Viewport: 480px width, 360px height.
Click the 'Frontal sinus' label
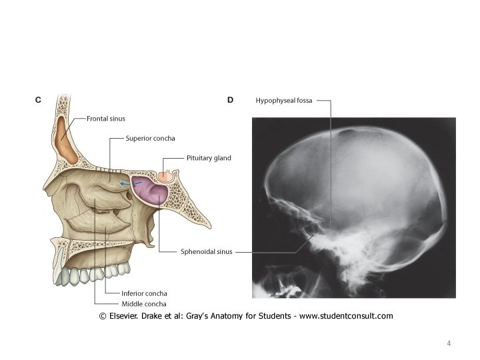107,118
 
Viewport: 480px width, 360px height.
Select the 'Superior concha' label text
151,139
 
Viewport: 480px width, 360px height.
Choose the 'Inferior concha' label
144,293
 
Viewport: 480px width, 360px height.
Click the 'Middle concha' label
142,303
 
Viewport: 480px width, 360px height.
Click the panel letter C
38,100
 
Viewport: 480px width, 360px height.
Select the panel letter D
230,100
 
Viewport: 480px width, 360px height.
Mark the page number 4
449,343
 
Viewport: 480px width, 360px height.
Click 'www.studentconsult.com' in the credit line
346,315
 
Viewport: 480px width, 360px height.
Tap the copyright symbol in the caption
103,315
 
